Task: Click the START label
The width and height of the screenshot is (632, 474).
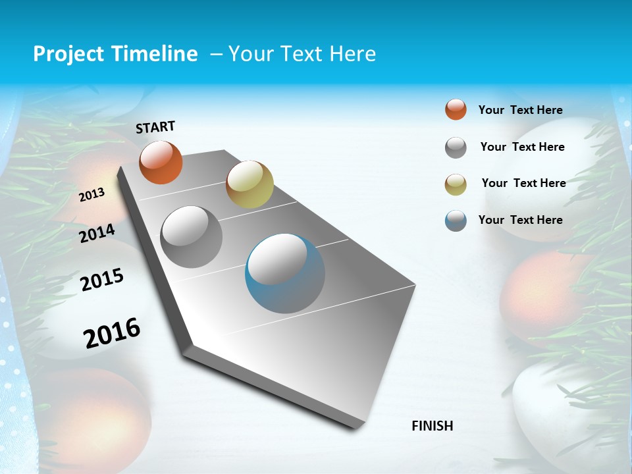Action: [155, 127]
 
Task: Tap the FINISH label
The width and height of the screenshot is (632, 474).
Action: [432, 426]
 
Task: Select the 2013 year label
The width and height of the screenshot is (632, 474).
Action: [92, 194]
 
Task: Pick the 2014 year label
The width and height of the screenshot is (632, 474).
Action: [97, 233]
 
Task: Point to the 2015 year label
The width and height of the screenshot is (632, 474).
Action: [102, 280]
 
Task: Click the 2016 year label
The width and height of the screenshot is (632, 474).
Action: [112, 332]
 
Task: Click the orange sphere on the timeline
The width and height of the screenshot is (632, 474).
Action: [161, 163]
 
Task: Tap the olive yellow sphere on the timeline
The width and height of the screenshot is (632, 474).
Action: [250, 184]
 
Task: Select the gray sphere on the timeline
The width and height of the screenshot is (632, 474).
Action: [192, 237]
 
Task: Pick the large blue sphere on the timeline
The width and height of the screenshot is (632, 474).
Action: [284, 273]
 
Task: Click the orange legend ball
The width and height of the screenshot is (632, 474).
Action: [456, 109]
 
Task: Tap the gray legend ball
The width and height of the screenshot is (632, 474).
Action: [456, 147]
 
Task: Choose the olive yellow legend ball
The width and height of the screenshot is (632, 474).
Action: [456, 184]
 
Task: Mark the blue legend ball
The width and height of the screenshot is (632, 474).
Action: [456, 221]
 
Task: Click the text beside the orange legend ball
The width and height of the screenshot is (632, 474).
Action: [520, 111]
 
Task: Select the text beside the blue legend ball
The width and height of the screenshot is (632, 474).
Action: [520, 220]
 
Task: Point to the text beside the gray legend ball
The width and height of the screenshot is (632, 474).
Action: [522, 147]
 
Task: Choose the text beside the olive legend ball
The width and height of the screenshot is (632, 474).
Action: [523, 183]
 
